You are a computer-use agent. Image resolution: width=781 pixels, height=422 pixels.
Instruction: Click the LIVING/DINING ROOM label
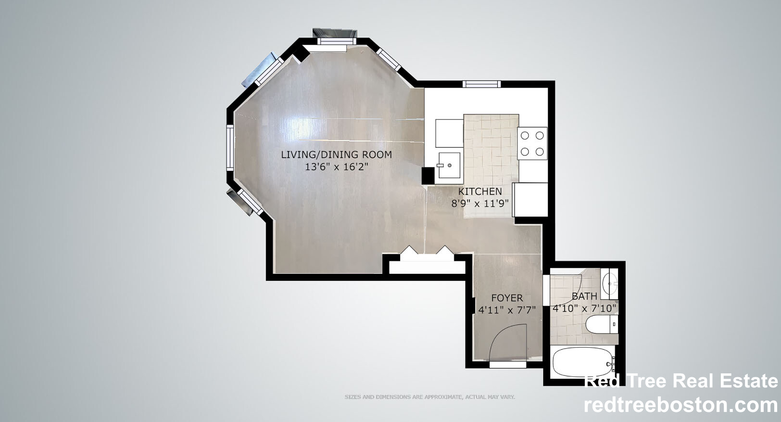click(x=337, y=154)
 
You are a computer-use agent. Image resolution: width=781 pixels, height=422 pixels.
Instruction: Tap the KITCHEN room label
click(x=480, y=192)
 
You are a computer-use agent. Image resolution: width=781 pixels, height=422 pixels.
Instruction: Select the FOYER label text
click(x=507, y=298)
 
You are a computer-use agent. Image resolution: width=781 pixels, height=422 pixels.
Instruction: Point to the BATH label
click(x=584, y=296)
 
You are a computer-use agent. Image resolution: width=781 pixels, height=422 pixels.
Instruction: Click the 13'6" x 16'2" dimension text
click(x=337, y=167)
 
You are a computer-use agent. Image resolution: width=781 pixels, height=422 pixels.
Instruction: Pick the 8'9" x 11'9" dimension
click(x=480, y=204)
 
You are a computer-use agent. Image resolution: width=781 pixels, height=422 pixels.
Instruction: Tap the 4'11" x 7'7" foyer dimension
click(x=507, y=310)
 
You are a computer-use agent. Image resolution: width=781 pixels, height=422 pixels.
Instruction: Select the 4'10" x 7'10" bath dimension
click(x=585, y=308)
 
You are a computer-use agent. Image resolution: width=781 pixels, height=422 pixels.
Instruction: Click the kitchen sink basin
click(x=449, y=166)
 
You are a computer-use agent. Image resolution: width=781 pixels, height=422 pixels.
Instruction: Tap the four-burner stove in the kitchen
click(x=532, y=143)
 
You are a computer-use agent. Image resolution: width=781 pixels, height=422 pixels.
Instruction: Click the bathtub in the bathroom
click(x=583, y=362)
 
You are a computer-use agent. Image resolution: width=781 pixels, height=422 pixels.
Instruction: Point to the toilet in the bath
click(x=602, y=324)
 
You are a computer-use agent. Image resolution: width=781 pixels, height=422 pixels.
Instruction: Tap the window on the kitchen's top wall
click(x=481, y=84)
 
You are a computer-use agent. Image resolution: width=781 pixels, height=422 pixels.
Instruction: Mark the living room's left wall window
click(x=230, y=148)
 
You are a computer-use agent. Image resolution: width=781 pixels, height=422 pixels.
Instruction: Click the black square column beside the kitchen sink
click(x=428, y=176)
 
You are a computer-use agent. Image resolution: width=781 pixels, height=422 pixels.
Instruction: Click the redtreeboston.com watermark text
click(x=681, y=405)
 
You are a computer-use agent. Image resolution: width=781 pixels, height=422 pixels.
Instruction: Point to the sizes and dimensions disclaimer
click(x=429, y=397)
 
